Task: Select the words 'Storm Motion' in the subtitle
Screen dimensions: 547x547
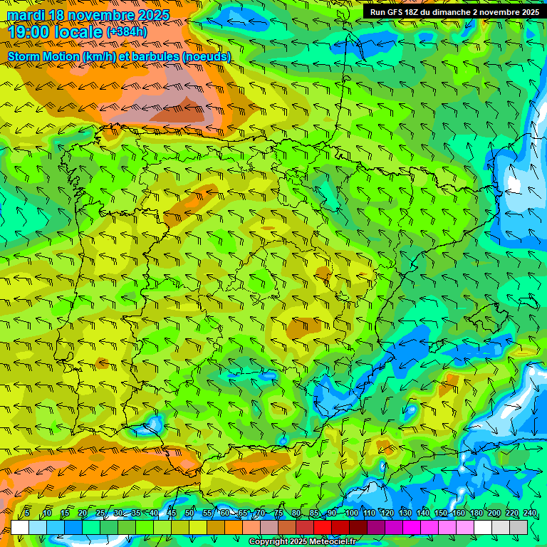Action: [42, 56]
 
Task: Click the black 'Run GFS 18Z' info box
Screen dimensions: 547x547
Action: [454, 11]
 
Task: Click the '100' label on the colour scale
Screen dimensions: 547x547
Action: [351, 513]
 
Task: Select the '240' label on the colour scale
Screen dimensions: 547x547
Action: [530, 513]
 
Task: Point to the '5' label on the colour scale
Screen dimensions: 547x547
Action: [27, 513]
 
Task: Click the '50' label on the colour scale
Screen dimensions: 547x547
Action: [189, 513]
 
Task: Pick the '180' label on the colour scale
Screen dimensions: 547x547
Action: [476, 513]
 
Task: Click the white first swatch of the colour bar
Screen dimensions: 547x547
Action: [20, 527]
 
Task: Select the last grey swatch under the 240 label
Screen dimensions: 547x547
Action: [519, 527]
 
